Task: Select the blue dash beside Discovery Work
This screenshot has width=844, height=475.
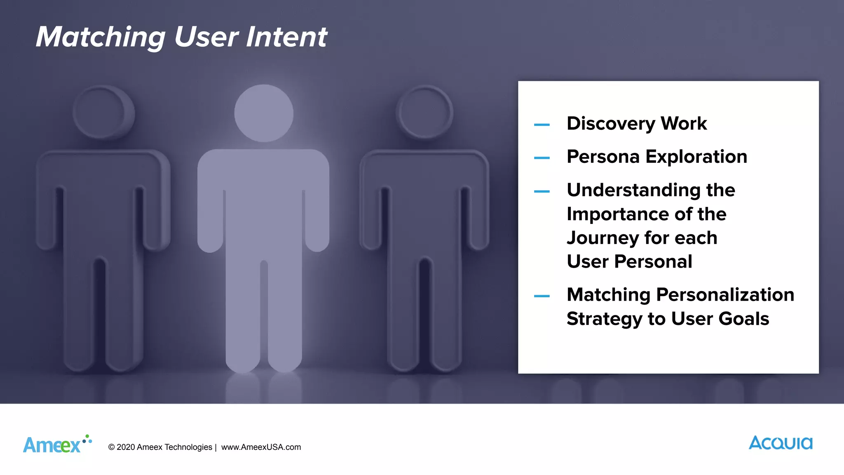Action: click(x=542, y=125)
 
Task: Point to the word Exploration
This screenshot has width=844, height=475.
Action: click(x=696, y=157)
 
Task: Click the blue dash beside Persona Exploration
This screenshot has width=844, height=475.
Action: click(x=542, y=158)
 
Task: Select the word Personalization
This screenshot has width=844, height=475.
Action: click(x=725, y=295)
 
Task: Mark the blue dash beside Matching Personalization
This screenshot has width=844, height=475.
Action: click(x=542, y=296)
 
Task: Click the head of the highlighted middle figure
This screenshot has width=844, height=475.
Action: click(x=264, y=113)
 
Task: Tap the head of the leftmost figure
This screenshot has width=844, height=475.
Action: click(x=103, y=112)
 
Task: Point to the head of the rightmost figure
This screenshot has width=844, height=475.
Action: click(x=424, y=112)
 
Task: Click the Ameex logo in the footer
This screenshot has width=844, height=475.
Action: click(x=52, y=445)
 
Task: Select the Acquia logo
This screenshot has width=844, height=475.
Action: click(x=781, y=443)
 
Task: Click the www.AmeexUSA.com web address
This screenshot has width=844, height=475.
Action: click(x=261, y=447)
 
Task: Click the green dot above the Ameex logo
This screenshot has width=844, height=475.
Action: click(x=87, y=436)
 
